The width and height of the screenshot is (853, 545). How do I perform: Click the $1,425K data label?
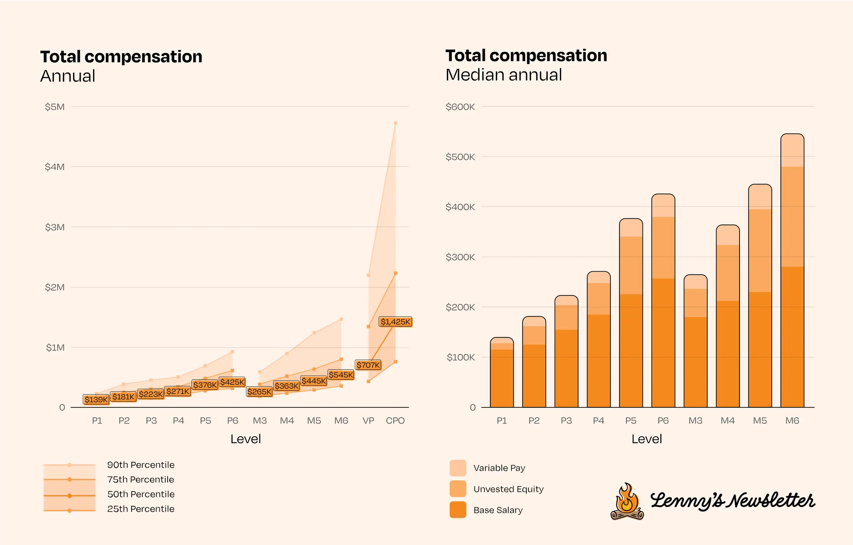coord(395,322)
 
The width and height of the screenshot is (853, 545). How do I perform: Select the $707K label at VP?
coord(368,365)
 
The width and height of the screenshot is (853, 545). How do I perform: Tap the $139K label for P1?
coord(96,399)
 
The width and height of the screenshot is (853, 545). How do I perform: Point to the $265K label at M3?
coord(259,392)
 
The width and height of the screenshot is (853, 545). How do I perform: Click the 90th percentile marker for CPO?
coord(396,123)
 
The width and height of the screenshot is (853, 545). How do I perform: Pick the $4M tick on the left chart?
coord(55,167)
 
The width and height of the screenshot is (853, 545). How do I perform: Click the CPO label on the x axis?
coord(395,421)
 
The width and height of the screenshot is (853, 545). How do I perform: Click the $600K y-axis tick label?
coord(460,107)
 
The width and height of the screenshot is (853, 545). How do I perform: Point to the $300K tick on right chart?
coord(460,257)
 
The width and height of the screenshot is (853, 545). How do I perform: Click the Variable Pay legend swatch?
coord(458,468)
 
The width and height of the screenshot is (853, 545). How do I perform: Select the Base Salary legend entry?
coord(498,510)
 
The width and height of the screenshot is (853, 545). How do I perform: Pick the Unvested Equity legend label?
coord(508,489)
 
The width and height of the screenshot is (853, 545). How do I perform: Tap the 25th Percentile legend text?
coord(141,509)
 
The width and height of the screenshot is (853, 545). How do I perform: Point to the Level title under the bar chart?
coord(647,439)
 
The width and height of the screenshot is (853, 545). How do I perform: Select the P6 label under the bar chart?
coord(663,421)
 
